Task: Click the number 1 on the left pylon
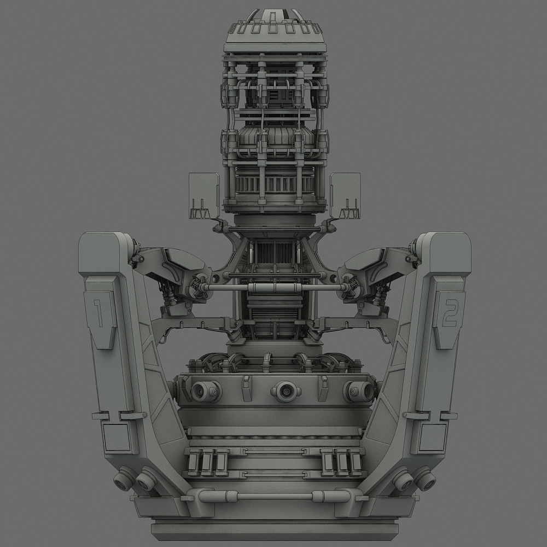pyautogui.click(x=98, y=313)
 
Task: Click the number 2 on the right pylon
pyautogui.click(x=449, y=313)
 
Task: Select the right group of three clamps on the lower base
pyautogui.click(x=342, y=462)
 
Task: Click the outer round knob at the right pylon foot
pyautogui.click(x=426, y=481)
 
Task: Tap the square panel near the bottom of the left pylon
pyautogui.click(x=118, y=437)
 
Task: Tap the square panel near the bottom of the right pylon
pyautogui.click(x=432, y=437)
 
